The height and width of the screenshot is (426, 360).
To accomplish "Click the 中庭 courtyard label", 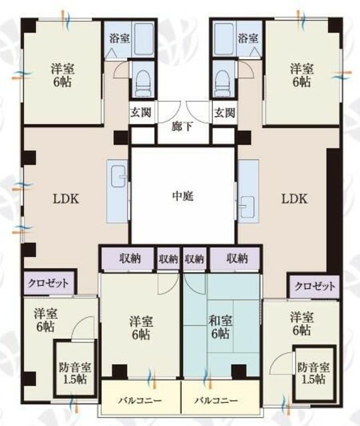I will pyautogui.click(x=182, y=196).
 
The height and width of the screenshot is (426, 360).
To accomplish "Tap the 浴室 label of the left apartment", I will pyautogui.click(x=119, y=38).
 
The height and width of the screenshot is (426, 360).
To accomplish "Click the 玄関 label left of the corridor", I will pyautogui.click(x=141, y=112).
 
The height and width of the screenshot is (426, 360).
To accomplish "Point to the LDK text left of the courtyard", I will pyautogui.click(x=66, y=198).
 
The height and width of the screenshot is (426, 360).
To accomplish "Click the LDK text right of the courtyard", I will pyautogui.click(x=293, y=198).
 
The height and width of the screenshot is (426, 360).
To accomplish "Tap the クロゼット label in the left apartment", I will pyautogui.click(x=49, y=283).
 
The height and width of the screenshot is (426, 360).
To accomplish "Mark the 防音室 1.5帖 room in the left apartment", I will pyautogui.click(x=71, y=371).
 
